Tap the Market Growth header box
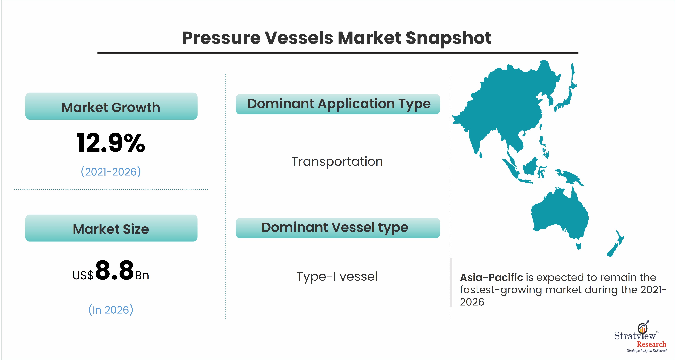click(111, 106)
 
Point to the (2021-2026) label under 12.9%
click(111, 172)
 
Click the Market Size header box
click(111, 228)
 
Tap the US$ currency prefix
click(83, 276)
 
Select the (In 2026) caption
click(111, 310)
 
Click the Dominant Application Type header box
click(338, 104)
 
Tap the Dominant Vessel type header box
click(338, 228)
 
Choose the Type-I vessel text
click(337, 276)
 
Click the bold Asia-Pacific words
click(491, 277)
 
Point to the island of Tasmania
click(579, 246)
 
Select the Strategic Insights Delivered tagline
click(647, 351)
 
